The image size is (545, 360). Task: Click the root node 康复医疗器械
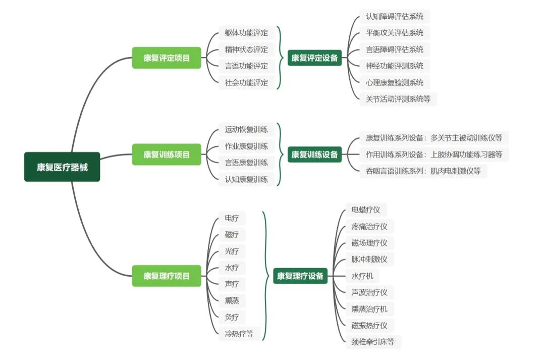click(x=62, y=167)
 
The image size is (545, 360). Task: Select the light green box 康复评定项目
click(x=167, y=58)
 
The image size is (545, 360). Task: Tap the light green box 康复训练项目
click(x=167, y=155)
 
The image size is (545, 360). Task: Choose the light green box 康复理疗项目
click(x=167, y=276)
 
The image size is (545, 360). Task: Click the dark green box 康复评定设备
click(x=314, y=58)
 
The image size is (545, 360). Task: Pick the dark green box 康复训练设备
click(x=314, y=155)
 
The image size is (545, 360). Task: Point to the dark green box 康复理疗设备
click(x=300, y=276)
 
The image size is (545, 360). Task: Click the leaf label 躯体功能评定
click(x=246, y=33)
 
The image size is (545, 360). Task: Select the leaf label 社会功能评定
click(x=246, y=82)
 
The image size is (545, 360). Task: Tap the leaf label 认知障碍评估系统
click(x=395, y=17)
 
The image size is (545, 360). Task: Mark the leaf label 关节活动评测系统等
click(x=398, y=99)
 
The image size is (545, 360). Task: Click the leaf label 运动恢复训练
click(x=246, y=130)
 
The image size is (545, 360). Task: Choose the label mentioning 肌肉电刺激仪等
click(x=423, y=171)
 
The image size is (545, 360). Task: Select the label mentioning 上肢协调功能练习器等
click(x=434, y=154)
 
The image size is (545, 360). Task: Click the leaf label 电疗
click(x=232, y=219)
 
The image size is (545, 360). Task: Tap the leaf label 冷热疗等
click(x=239, y=333)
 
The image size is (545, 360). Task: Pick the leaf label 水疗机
click(x=362, y=276)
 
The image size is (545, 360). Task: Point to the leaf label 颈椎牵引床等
click(x=373, y=342)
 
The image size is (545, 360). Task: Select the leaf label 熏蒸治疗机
click(x=369, y=309)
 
